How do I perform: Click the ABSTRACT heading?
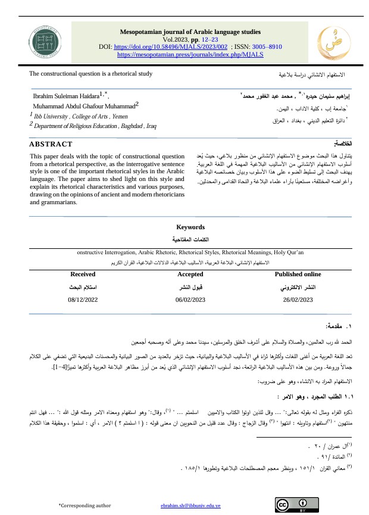[x=51, y=144]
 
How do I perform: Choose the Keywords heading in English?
[x=190, y=227]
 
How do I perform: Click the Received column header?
[x=83, y=274]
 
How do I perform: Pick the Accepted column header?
[x=190, y=274]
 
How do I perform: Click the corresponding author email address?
[x=190, y=505]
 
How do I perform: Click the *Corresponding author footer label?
[x=85, y=505]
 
